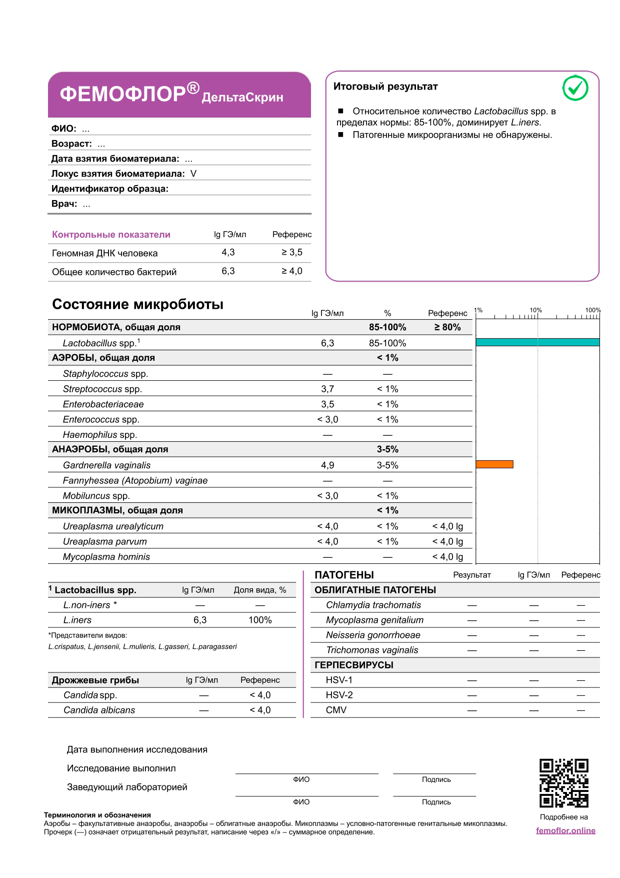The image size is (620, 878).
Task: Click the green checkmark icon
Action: pos(575,89)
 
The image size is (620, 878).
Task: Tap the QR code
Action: pos(563,783)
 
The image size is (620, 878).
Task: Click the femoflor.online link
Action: pos(565,830)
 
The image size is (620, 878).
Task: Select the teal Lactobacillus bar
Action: pos(537,342)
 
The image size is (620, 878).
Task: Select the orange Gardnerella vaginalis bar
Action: pos(494,464)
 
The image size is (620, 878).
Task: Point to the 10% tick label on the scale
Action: pos(535,310)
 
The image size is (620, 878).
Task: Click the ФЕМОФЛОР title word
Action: pos(123,94)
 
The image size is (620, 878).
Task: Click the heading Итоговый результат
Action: pos(385,87)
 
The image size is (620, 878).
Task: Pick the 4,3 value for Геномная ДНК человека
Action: pos(228,252)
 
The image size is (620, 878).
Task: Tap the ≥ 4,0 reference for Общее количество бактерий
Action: pos(291,271)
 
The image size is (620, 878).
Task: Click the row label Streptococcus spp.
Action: pos(102,389)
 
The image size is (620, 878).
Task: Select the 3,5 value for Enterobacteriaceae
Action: pos(327,404)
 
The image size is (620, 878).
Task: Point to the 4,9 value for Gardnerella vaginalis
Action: pos(327,465)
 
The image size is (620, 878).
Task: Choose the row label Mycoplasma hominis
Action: pos(106,557)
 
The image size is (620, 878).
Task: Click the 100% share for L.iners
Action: pos(260,620)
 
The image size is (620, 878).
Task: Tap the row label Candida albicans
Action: pos(99,710)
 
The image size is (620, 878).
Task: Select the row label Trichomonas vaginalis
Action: pos(372,650)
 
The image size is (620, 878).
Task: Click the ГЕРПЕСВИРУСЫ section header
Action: pos(354,665)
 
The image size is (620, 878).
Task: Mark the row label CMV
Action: pos(336,710)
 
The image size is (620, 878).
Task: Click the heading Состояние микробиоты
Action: pos(137,304)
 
